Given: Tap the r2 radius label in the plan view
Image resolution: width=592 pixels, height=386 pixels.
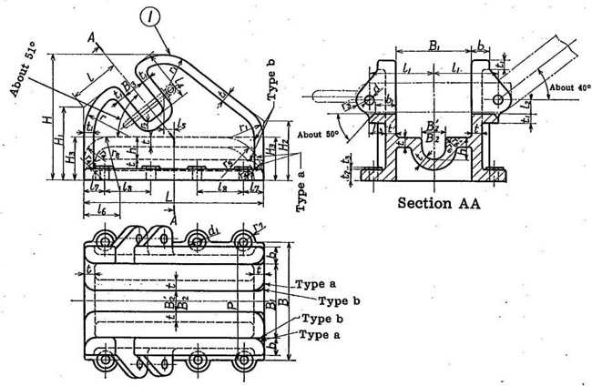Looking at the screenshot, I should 258,225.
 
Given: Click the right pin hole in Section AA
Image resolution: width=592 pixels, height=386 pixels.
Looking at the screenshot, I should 496,98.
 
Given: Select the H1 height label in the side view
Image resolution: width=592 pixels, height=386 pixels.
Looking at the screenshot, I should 57,144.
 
